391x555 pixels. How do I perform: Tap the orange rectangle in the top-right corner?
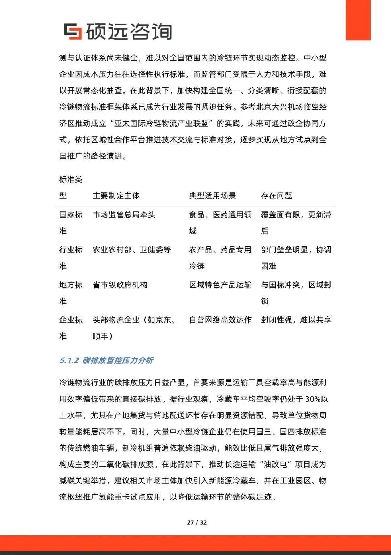358,20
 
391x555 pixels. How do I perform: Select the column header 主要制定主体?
116,196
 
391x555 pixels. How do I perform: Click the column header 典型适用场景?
213,196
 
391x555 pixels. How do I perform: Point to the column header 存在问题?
277,196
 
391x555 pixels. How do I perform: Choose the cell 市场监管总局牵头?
124,214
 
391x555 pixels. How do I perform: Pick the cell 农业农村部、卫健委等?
132,249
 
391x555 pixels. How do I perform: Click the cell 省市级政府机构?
120,285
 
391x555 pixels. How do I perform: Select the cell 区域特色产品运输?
220,285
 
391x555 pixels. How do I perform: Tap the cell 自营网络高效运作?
220,320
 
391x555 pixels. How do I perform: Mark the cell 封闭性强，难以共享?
296,320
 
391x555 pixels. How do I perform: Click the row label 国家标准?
71,222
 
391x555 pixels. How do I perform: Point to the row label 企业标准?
71,328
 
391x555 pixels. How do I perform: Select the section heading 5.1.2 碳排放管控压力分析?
106,360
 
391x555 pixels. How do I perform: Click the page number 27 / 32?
197,522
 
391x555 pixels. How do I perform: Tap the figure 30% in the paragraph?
313,399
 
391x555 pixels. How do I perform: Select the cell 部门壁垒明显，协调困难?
296,257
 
